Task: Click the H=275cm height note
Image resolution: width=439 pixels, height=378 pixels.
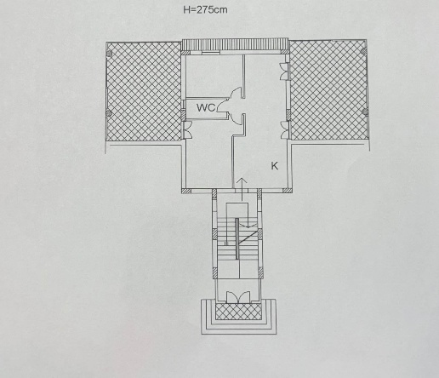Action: (205, 10)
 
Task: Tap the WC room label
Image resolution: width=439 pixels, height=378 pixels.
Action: (206, 108)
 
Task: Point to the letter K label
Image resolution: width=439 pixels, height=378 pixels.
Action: (275, 166)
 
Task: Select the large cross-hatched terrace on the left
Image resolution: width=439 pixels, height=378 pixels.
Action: (144, 91)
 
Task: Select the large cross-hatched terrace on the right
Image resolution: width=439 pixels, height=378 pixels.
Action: (328, 90)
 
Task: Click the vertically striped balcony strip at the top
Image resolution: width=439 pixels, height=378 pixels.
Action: (235, 45)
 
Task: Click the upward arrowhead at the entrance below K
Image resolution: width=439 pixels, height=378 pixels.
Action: (242, 180)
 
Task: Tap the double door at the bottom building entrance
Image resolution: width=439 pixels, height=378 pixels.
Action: (238, 297)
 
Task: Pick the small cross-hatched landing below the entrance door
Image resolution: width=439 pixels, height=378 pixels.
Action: (238, 312)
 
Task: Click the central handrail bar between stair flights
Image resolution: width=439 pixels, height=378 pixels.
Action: (237, 238)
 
